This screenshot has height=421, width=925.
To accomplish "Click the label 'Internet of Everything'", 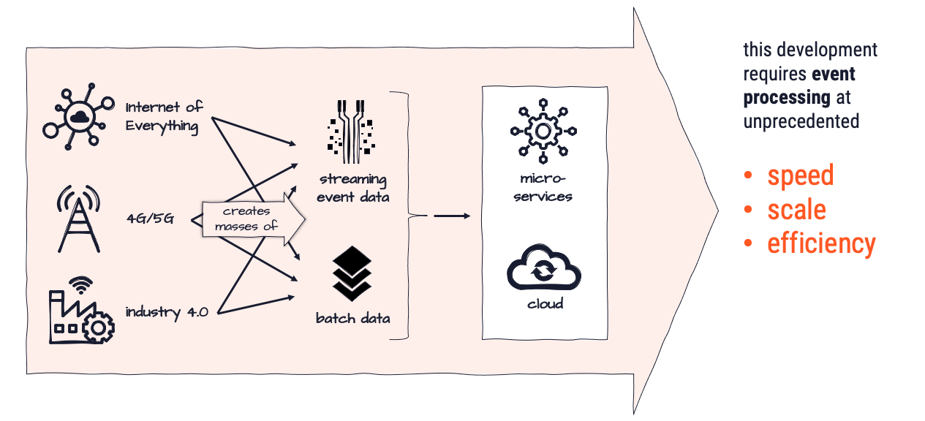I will pos(164,116).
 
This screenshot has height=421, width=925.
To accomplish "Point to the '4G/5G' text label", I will pos(149,218).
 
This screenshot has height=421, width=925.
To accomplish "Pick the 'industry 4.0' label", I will pos(167,312).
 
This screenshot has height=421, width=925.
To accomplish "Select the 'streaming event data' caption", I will pos(352,188).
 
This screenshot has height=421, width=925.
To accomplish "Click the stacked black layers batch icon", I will pos(352,273).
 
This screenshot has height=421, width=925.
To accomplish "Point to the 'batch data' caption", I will pos(352,318).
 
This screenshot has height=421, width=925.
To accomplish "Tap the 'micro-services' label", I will pos(543,188).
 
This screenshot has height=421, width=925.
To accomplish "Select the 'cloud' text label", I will pos(545,303).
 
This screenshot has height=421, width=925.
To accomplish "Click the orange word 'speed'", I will pos(800,175).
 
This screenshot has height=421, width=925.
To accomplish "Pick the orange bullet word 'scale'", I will pos(796,210).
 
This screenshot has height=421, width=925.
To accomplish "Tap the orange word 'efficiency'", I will pos(820,243).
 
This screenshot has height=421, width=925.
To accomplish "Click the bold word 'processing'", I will pos(787,97).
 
